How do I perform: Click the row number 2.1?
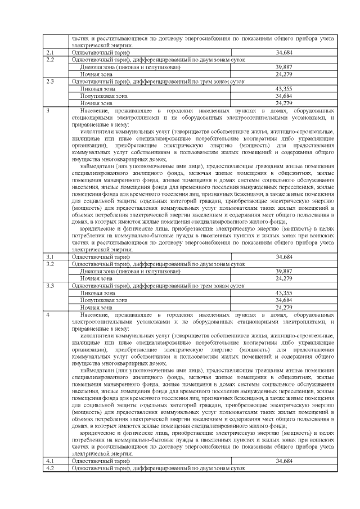click(x=49, y=52)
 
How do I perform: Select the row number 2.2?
click(x=49, y=59)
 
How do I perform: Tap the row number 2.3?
click(x=49, y=81)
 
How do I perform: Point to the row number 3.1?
click(x=49, y=256)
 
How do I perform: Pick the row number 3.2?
click(x=49, y=263)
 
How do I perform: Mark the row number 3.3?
click(x=49, y=286)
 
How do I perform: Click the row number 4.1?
click(x=49, y=461)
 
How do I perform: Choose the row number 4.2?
click(x=49, y=467)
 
